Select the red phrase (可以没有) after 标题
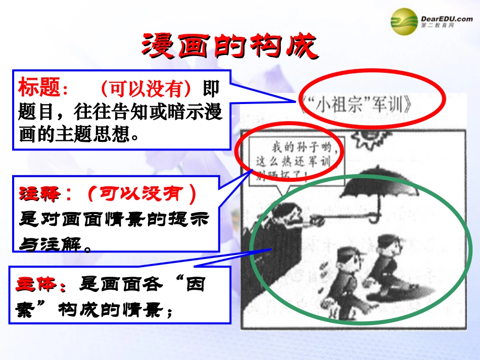coord(147,89)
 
